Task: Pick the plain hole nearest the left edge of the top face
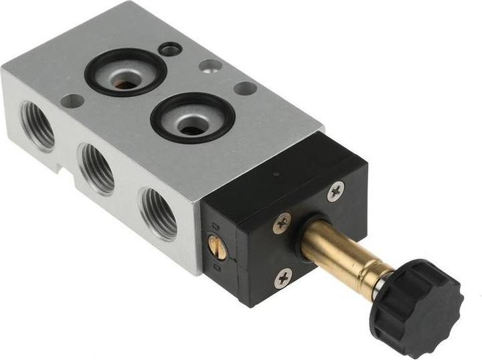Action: pyautogui.click(x=72, y=101)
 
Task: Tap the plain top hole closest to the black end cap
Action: pyautogui.click(x=245, y=88)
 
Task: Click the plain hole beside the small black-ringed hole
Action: pyautogui.click(x=210, y=66)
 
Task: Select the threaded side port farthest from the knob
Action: pyautogui.click(x=37, y=125)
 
